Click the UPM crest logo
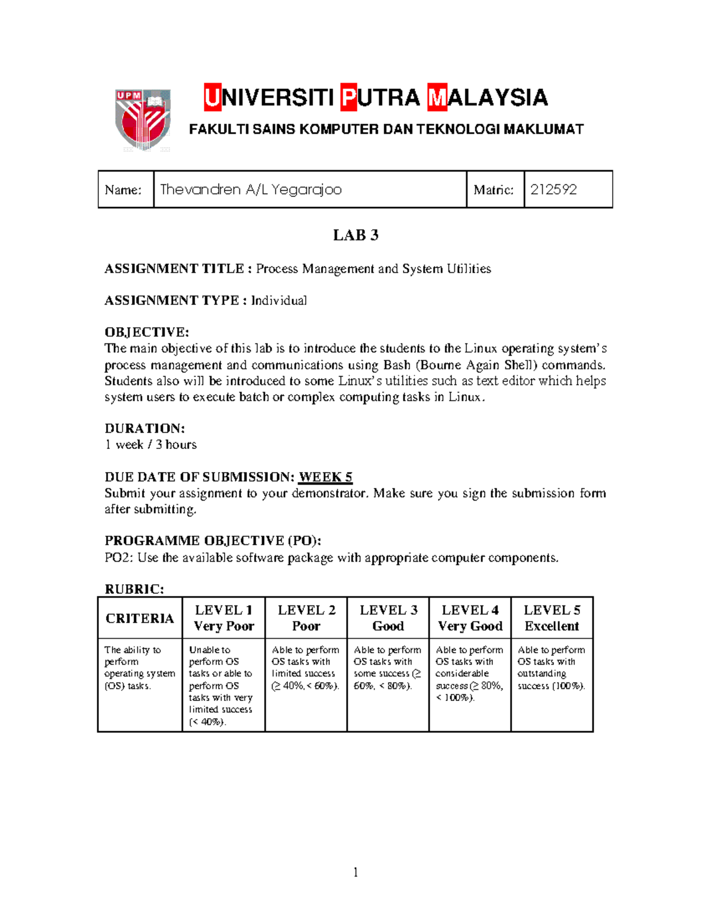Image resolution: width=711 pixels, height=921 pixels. (x=143, y=119)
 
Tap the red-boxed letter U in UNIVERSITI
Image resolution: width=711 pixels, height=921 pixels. (x=213, y=98)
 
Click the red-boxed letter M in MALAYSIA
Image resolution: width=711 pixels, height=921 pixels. (x=437, y=98)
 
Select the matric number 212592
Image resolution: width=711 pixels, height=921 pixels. (x=553, y=190)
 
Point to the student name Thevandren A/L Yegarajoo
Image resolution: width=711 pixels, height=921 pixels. (x=251, y=190)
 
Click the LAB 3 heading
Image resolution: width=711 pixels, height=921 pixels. (x=355, y=235)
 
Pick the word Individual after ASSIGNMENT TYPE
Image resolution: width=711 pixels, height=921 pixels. (x=279, y=301)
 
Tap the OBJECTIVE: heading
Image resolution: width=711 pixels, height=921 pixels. (x=146, y=332)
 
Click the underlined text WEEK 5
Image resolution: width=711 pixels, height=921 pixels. (x=325, y=477)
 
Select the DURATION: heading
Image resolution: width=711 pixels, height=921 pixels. (x=145, y=428)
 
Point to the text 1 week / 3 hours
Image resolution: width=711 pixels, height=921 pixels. (x=150, y=445)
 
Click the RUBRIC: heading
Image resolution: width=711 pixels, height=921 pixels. (x=134, y=589)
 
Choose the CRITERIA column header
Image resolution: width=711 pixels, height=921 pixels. (x=140, y=619)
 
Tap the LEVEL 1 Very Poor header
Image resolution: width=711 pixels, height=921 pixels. (x=223, y=618)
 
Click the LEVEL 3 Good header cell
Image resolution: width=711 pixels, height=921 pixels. (x=388, y=618)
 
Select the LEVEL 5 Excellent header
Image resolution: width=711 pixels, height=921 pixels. (x=552, y=618)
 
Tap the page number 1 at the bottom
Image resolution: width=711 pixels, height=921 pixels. (x=355, y=872)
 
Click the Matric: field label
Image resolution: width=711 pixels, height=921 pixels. (x=494, y=190)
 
